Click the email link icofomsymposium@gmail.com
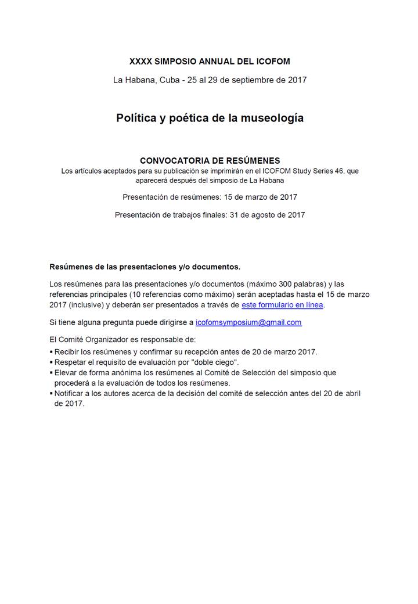[x=248, y=322]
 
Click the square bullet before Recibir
[x=52, y=352]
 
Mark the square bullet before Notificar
[x=52, y=394]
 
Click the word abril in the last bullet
[x=351, y=394]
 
